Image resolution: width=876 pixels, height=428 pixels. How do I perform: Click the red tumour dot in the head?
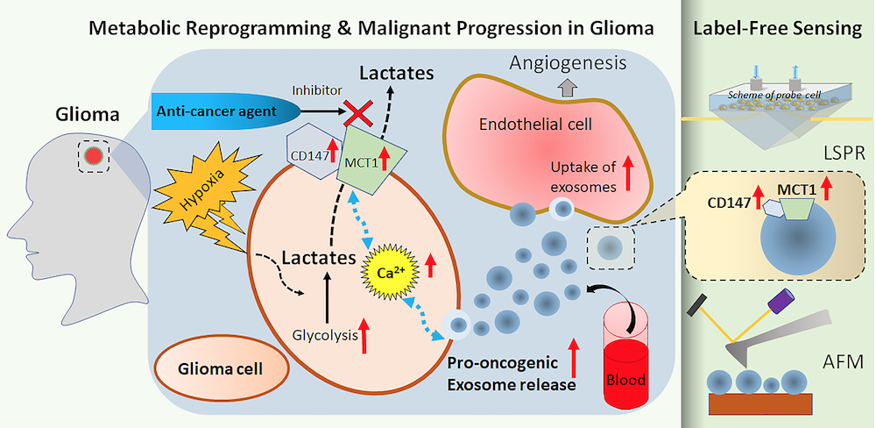click(x=95, y=157)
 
